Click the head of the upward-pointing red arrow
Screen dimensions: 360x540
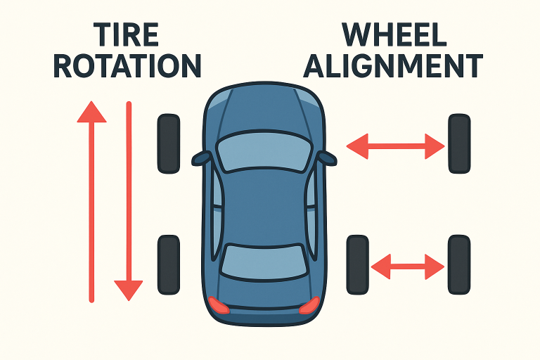pos(91,112)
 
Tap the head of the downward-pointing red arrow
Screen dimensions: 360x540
pos(129,288)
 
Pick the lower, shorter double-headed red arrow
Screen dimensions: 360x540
pos(408,266)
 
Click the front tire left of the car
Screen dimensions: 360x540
pos(169,144)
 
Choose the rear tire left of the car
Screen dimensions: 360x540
pos(169,264)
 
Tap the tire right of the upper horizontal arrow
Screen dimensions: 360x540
pos(459,144)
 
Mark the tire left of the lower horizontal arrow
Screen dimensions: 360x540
pos(358,265)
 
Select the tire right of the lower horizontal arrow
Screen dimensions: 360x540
pos(459,265)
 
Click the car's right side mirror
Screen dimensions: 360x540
pos(326,157)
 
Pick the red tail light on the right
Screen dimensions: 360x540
pos(309,304)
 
